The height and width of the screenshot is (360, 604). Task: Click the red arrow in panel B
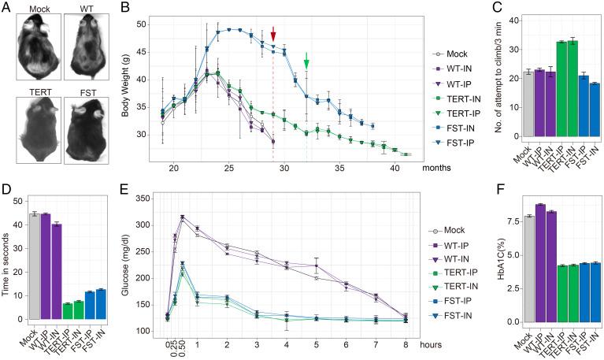click(273, 34)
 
